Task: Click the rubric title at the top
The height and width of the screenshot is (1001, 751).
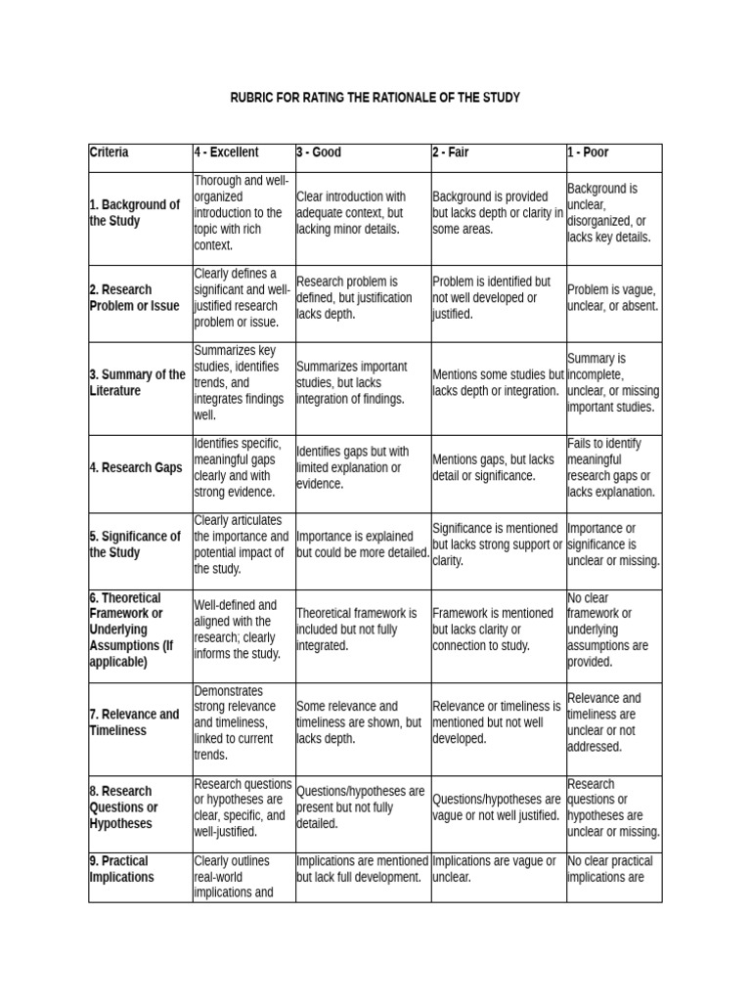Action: pyautogui.click(x=375, y=98)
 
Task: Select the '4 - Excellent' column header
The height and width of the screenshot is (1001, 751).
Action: pyautogui.click(x=227, y=152)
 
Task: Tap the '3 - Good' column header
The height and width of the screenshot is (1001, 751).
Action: pyautogui.click(x=320, y=152)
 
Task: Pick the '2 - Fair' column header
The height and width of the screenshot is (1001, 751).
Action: pyautogui.click(x=453, y=152)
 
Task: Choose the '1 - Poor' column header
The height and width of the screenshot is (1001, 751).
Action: pyautogui.click(x=589, y=152)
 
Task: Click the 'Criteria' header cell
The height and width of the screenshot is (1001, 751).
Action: pyautogui.click(x=110, y=152)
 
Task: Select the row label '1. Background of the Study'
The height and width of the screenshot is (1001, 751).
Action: pyautogui.click(x=135, y=213)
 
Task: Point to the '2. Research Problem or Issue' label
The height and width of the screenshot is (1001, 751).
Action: pyautogui.click(x=135, y=298)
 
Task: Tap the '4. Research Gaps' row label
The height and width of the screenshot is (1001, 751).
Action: pyautogui.click(x=136, y=468)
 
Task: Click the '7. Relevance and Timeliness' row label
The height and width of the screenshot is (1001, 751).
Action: pyautogui.click(x=134, y=722)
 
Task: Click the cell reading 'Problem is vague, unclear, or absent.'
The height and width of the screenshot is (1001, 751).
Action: pyautogui.click(x=613, y=298)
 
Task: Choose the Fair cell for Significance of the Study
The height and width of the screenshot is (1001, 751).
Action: pyautogui.click(x=497, y=544)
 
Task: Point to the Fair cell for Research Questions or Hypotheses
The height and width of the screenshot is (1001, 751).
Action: pyautogui.click(x=497, y=807)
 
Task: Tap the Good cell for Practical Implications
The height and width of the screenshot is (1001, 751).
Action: pyautogui.click(x=362, y=869)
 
